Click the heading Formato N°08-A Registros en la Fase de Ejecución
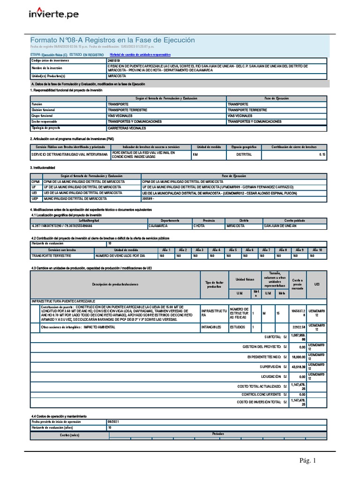pos(112,40)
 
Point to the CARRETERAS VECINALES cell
pos(127,128)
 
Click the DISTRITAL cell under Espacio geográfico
pos(244,154)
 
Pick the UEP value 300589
pos(150,199)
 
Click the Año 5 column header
pos(232,250)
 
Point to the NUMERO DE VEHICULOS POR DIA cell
pos(120,256)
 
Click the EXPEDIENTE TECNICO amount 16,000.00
pos(297,357)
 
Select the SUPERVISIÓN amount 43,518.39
pos(297,367)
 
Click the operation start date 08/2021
pos(114,422)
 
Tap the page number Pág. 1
pos(308,461)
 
